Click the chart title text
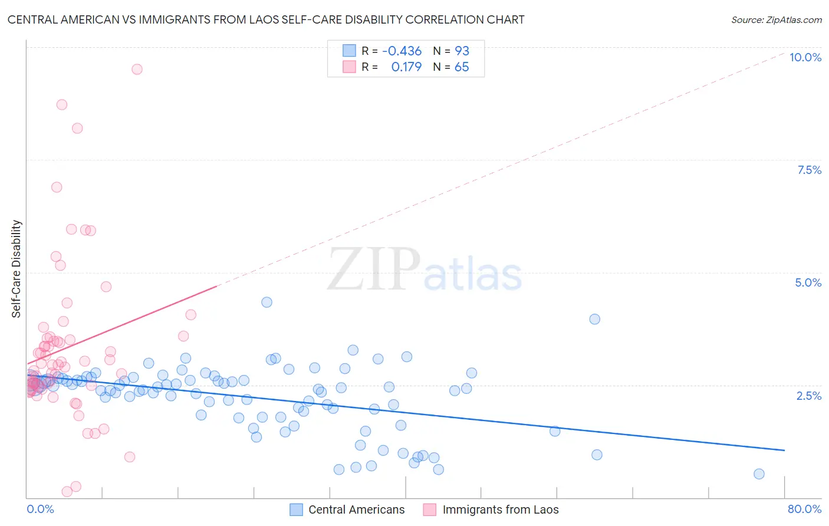(x=266, y=20)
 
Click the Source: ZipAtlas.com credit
(x=776, y=20)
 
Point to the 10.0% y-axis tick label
(x=805, y=57)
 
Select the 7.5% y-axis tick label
(x=809, y=170)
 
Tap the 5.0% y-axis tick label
(x=808, y=282)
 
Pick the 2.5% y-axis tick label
(x=808, y=396)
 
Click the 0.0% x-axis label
(x=40, y=509)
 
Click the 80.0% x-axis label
(x=804, y=509)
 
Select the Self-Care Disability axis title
(x=17, y=269)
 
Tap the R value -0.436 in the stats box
(x=402, y=51)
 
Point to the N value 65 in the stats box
(x=462, y=67)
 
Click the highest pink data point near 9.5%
(x=137, y=69)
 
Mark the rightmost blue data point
(x=759, y=474)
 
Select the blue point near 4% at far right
(x=594, y=319)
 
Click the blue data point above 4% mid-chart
(x=267, y=302)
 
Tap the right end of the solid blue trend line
(x=784, y=450)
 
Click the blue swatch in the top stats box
(x=349, y=51)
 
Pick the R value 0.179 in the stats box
(x=406, y=67)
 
